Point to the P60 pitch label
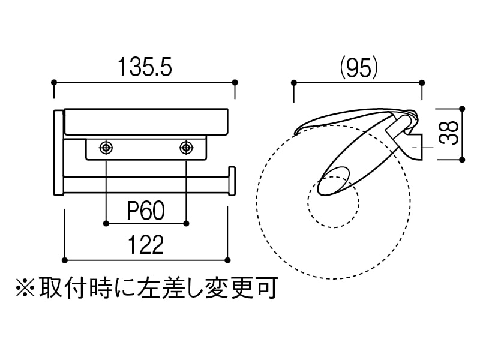click(x=146, y=211)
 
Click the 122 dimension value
click(x=146, y=245)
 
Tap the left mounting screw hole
click(x=106, y=147)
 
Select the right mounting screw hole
click(x=186, y=147)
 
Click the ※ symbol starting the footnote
click(x=25, y=288)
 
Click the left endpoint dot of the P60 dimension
click(x=106, y=223)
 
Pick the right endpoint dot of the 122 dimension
click(x=227, y=260)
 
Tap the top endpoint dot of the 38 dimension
click(x=462, y=109)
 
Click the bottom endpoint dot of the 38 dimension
click(x=462, y=160)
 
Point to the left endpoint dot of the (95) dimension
click(x=293, y=82)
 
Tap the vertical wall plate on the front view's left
click(x=58, y=153)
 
